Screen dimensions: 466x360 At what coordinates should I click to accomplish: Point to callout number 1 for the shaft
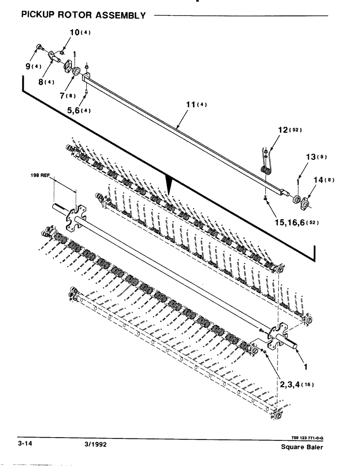coord(305,367)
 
